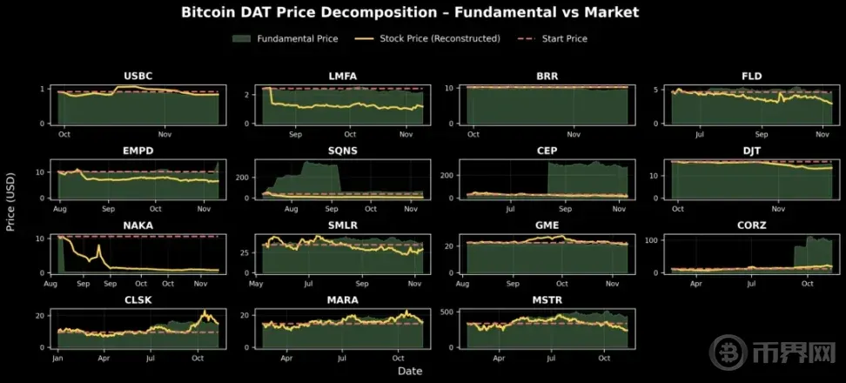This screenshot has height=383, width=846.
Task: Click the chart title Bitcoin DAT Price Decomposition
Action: click(x=410, y=12)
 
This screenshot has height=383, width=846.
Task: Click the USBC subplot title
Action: click(x=139, y=76)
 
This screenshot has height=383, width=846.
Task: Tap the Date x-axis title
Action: click(x=410, y=371)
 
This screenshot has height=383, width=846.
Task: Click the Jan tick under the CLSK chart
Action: click(x=57, y=358)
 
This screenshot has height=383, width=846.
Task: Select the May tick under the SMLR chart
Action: click(x=256, y=284)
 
